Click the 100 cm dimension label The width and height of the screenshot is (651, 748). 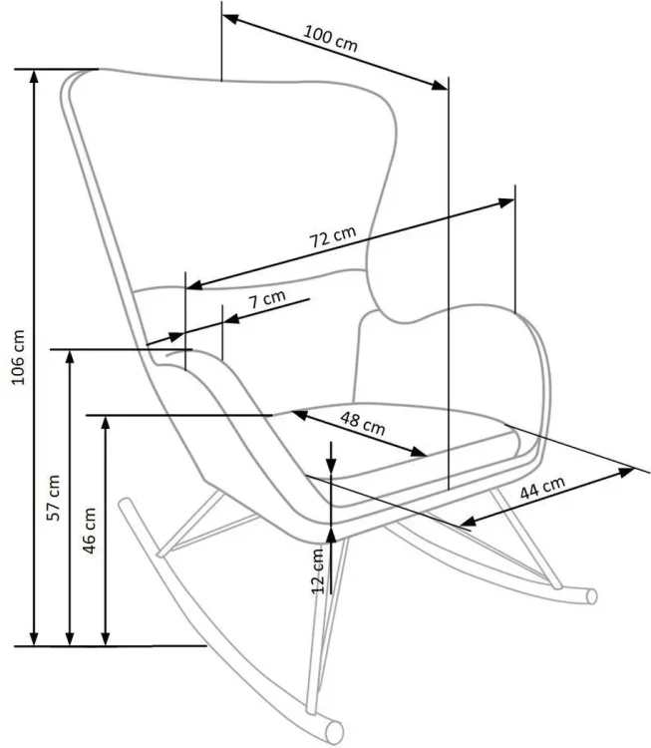(330, 38)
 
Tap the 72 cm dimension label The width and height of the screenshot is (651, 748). (333, 236)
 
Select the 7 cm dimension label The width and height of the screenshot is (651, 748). (267, 299)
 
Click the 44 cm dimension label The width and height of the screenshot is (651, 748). (542, 488)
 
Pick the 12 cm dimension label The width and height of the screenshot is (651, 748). (318, 570)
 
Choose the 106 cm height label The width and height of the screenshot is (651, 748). (18, 357)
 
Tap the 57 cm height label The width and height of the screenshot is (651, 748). (54, 498)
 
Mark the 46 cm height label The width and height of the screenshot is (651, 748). (89, 531)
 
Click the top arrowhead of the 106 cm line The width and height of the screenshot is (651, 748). (33, 77)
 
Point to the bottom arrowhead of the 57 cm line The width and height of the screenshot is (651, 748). (70, 639)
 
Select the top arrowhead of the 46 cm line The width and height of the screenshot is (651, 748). (106, 423)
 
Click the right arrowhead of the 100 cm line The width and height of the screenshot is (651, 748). (440, 86)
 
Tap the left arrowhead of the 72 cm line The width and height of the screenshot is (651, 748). (194, 285)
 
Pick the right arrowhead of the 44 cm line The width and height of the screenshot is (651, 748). (626, 472)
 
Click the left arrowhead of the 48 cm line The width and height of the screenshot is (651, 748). (299, 415)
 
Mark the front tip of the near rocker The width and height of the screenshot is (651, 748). (335, 733)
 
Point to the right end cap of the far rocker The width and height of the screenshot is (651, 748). (592, 596)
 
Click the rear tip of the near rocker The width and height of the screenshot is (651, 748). (126, 504)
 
